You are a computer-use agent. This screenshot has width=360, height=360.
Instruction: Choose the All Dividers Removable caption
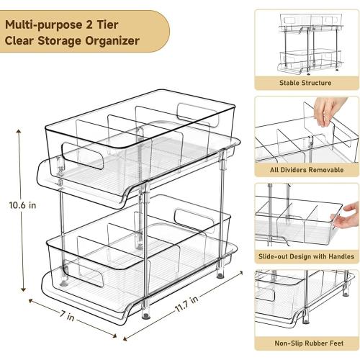tap(305, 170)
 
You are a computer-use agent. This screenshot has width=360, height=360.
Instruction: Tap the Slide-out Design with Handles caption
tap(305, 256)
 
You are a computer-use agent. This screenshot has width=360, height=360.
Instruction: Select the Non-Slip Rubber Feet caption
tap(305, 343)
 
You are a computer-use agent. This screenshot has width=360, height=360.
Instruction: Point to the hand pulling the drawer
tap(348, 211)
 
